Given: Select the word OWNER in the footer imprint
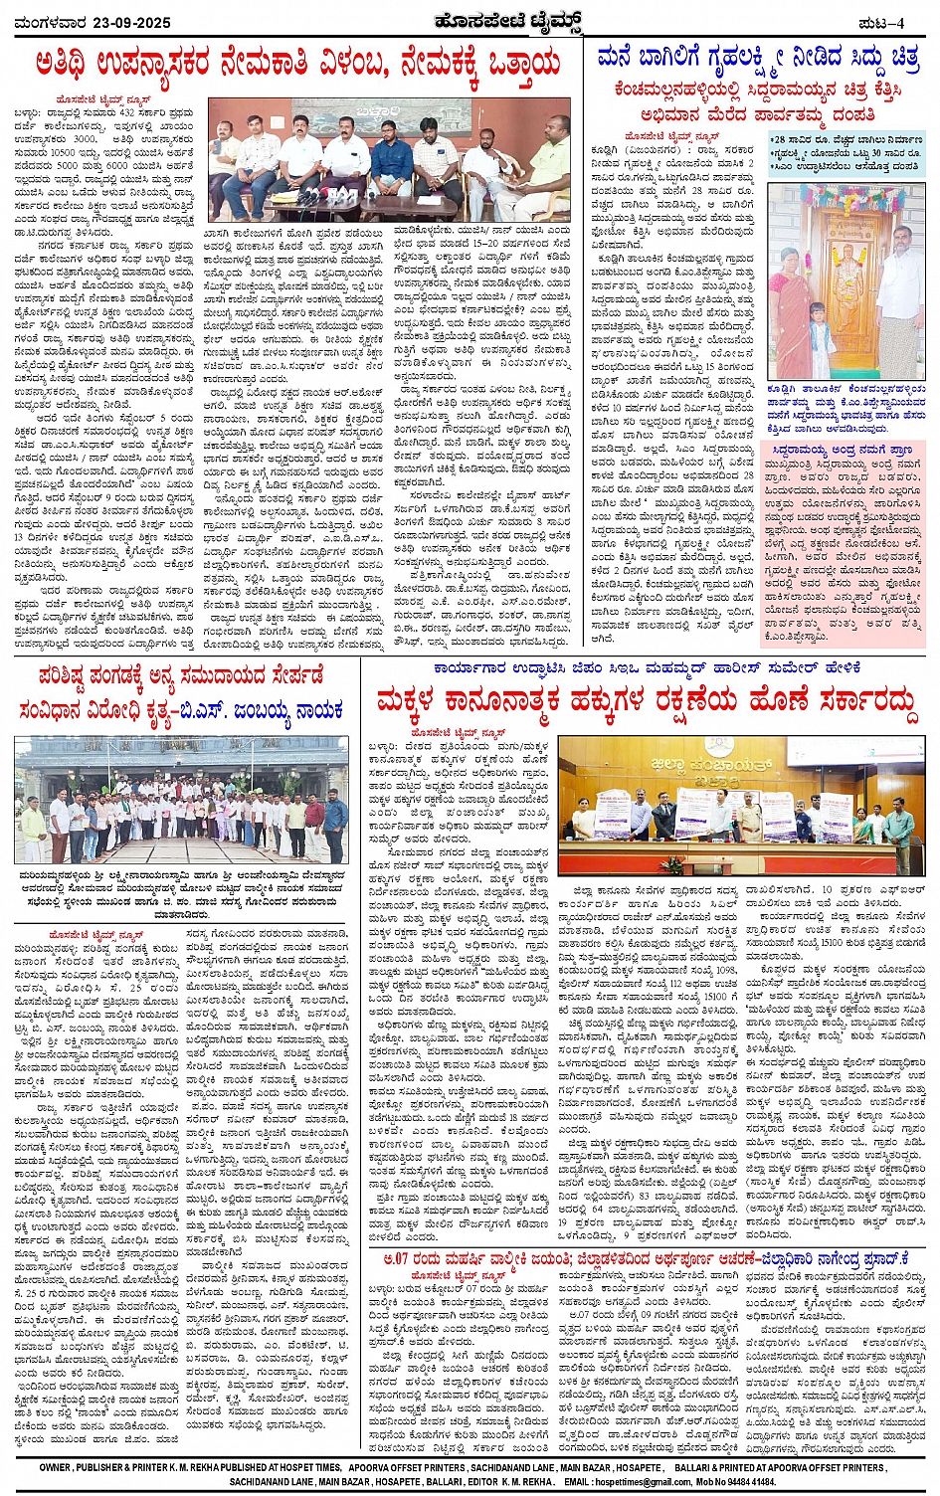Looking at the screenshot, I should point(56,1467).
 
